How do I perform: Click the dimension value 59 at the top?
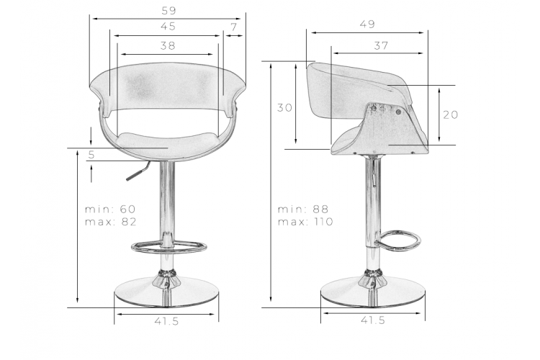click(168, 11)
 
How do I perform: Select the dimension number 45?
click(168, 27)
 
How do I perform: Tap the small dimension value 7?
click(234, 27)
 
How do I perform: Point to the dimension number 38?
click(168, 45)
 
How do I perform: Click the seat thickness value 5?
click(91, 155)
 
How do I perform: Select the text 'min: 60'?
click(110, 209)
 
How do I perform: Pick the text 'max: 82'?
click(111, 222)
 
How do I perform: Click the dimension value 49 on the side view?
click(367, 24)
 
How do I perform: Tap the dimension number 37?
click(381, 45)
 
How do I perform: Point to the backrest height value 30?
click(285, 108)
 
